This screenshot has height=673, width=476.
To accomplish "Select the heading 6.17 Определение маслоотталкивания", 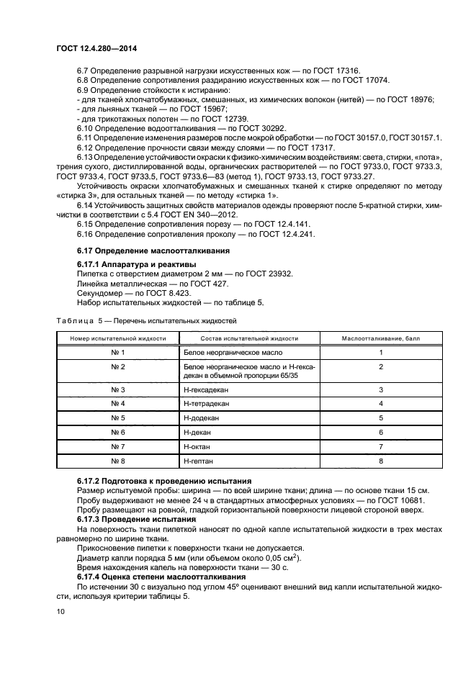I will (x=153, y=250).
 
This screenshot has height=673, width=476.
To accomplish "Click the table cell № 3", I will (x=118, y=389).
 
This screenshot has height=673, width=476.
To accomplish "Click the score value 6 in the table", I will (x=380, y=432).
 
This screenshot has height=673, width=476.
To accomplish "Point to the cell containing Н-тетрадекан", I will (x=205, y=404).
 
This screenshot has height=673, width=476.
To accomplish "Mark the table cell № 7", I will (x=118, y=446).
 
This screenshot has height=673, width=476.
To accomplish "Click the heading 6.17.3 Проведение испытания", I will (x=136, y=519).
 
